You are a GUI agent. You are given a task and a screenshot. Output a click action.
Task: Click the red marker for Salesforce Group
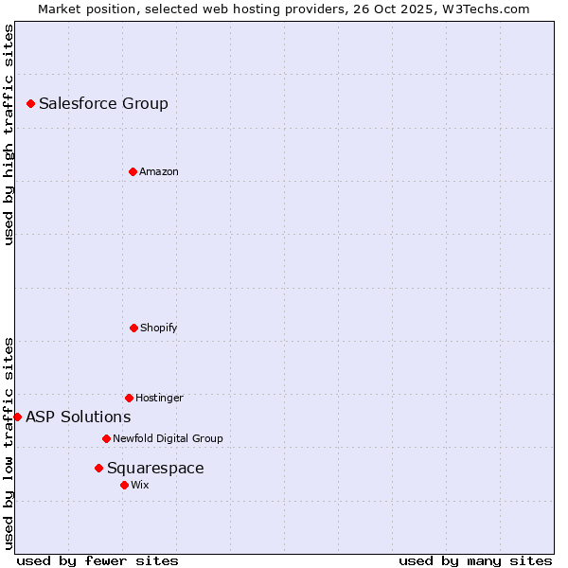click(x=30, y=103)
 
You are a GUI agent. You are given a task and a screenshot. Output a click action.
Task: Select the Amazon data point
click(x=133, y=171)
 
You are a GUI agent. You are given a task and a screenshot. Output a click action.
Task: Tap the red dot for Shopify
click(x=133, y=328)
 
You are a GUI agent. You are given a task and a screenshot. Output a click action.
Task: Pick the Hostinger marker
click(x=129, y=398)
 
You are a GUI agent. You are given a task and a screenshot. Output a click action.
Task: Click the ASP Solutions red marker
click(x=17, y=417)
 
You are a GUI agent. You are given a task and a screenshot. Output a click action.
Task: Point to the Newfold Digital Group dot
click(x=106, y=438)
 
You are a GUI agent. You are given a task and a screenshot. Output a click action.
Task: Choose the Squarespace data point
click(x=98, y=468)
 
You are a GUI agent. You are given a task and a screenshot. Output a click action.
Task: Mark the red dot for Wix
click(x=124, y=485)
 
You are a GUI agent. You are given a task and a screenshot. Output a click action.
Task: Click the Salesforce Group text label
click(x=103, y=104)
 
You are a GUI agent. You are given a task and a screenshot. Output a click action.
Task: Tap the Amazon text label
click(x=159, y=172)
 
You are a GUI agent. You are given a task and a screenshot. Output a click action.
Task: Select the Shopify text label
click(x=159, y=328)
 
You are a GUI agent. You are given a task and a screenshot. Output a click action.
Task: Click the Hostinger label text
click(x=159, y=399)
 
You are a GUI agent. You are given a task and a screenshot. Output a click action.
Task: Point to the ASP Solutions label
click(x=79, y=417)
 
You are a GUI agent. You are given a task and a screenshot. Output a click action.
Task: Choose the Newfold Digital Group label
click(x=169, y=439)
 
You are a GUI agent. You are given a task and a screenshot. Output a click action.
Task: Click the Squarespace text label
click(x=155, y=469)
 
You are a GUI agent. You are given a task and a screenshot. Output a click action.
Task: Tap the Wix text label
click(x=140, y=486)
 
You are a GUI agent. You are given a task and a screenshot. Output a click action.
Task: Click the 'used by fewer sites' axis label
click(x=98, y=560)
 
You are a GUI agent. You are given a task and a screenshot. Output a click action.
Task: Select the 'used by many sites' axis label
click(x=475, y=560)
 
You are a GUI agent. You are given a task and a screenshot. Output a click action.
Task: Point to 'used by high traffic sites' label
click(x=9, y=134)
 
